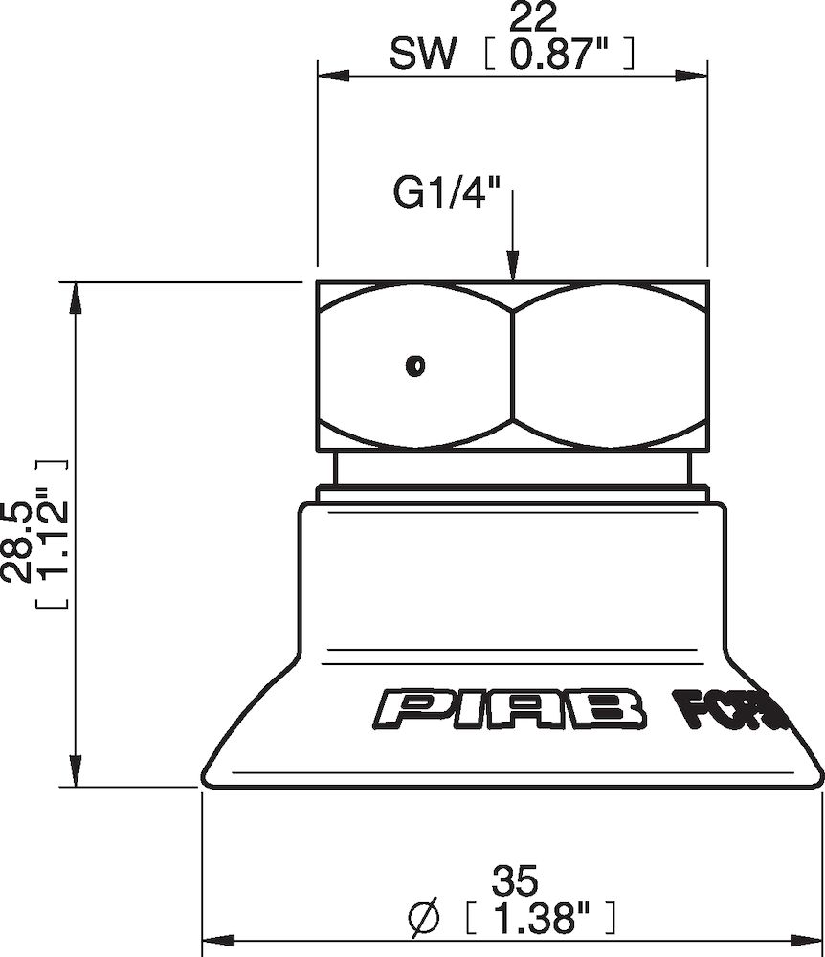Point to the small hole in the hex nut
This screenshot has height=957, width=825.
point(415,365)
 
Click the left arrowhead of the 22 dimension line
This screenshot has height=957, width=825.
point(330,75)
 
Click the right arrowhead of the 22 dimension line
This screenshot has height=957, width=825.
point(695,75)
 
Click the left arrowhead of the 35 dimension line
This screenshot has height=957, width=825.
point(214,939)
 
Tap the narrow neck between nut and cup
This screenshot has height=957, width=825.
point(512,470)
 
